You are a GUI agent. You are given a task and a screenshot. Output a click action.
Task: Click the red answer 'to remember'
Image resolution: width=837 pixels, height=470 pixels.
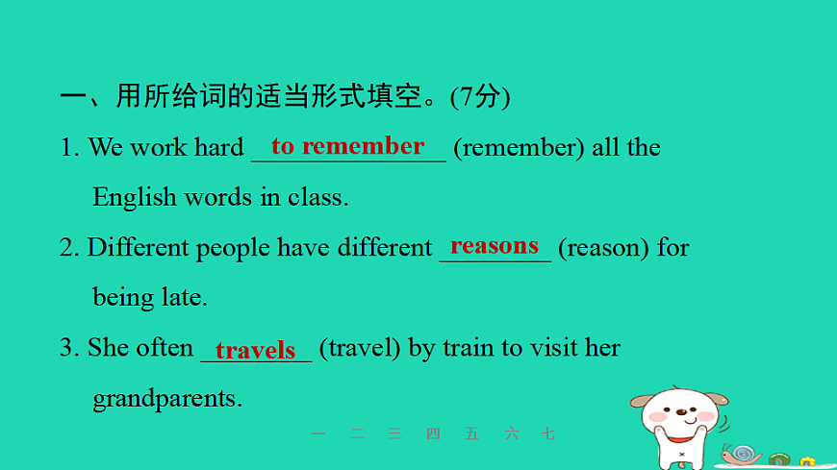347,146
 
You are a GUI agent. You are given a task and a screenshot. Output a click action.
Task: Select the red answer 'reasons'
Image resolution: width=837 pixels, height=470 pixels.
495,246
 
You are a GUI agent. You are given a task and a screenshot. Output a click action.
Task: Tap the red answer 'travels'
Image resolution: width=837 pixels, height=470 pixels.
256,351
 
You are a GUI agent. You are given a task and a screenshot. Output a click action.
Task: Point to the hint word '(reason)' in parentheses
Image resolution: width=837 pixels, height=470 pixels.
604,248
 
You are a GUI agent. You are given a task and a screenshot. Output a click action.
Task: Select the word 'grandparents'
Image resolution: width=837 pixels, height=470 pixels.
166,399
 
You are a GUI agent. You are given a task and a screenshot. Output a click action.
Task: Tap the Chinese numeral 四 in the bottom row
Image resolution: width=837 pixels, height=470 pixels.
433,434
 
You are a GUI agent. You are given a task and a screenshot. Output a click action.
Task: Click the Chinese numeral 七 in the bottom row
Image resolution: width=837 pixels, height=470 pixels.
548,434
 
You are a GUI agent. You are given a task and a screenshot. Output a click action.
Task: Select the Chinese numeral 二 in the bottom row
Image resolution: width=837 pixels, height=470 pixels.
358,434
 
